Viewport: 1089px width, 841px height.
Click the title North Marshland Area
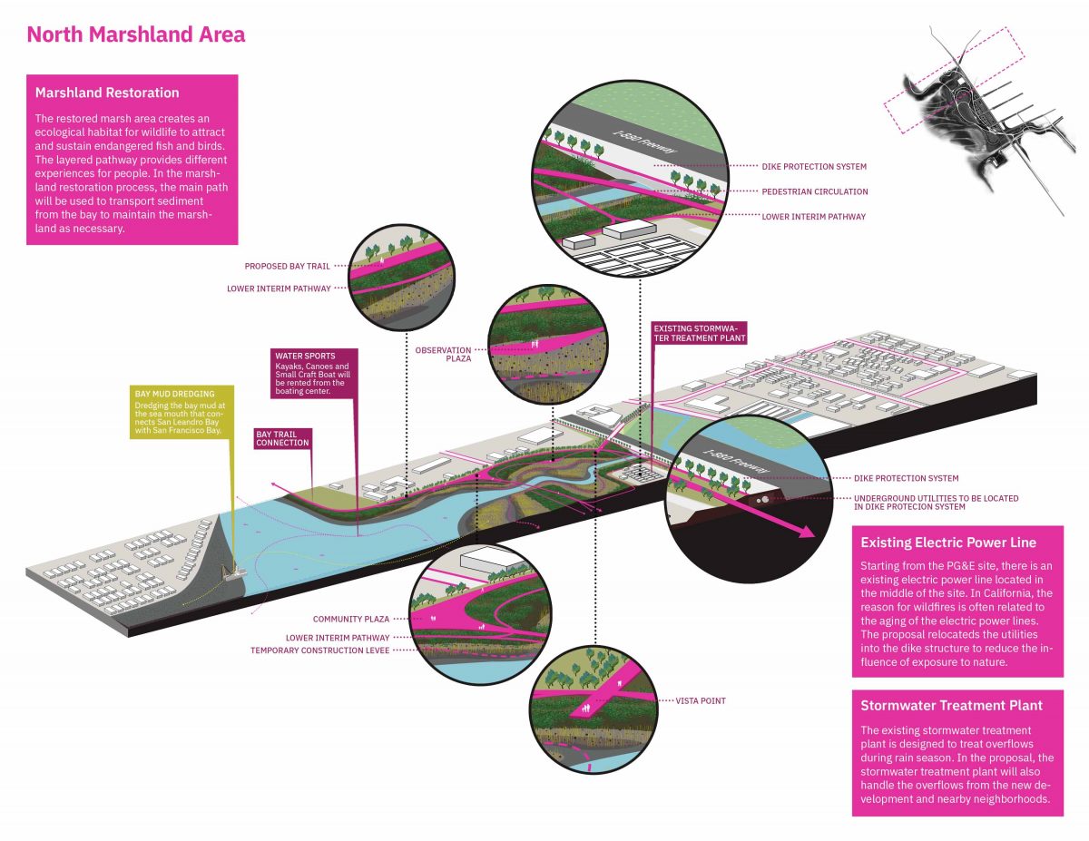coord(135,35)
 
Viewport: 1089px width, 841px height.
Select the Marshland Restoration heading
coord(107,93)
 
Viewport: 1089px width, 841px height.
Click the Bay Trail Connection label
coord(282,438)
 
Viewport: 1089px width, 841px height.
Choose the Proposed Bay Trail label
coord(287,267)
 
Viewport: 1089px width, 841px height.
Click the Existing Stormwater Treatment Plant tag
coord(699,332)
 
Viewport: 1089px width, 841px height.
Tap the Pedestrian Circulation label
coord(815,191)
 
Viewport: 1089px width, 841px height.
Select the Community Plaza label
coord(351,619)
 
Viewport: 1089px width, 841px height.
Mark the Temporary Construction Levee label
coord(319,650)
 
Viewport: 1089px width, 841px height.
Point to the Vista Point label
coord(701,701)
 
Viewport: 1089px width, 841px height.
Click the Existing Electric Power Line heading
coord(948,543)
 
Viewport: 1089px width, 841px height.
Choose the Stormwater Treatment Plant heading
coord(951,705)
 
